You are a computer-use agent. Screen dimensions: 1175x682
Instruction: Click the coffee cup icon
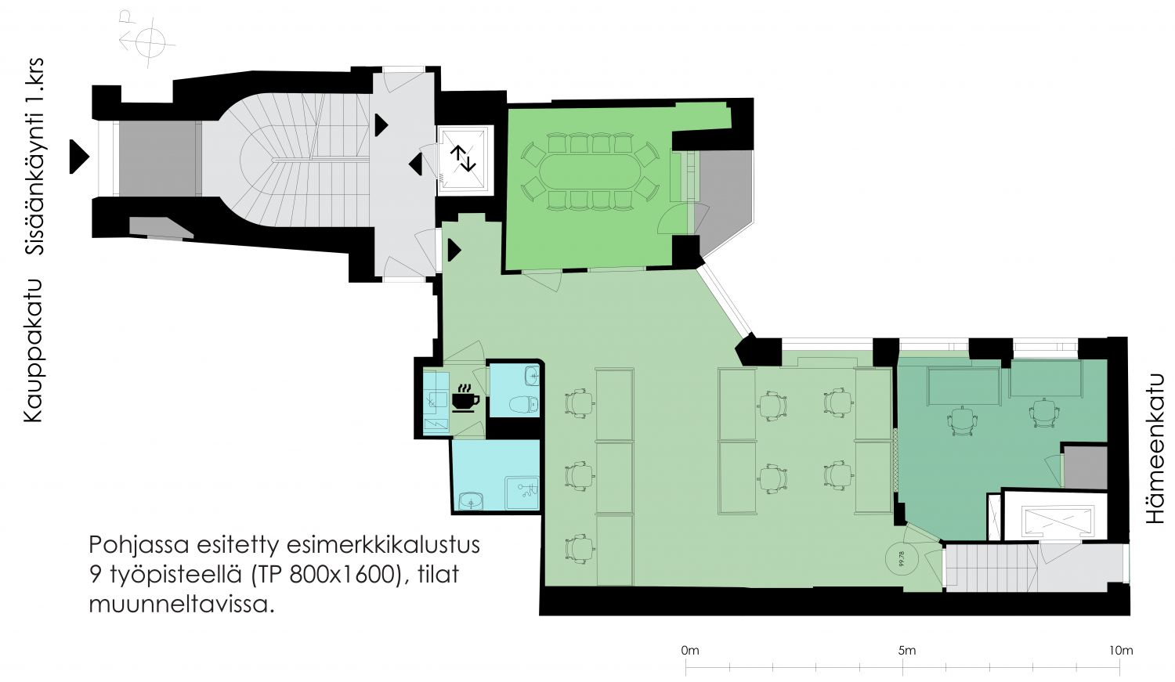tap(465, 399)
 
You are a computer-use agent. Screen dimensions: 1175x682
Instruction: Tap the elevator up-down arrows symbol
tap(463, 158)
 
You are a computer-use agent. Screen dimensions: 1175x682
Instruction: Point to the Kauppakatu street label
tap(33, 351)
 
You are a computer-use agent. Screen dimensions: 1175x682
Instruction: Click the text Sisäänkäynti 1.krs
tap(34, 157)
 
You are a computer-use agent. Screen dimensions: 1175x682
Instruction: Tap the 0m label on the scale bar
tap(690, 651)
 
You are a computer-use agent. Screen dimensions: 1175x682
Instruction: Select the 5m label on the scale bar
tap(906, 651)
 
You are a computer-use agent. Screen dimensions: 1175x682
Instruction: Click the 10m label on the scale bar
tap(1121, 651)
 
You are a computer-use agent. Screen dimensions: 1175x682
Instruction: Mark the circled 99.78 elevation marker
tap(902, 559)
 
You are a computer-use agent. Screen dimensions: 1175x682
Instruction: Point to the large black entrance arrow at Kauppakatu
tap(79, 157)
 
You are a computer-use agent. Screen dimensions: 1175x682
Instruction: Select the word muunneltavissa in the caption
tap(182, 604)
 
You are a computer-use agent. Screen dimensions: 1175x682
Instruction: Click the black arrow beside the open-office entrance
tap(454, 250)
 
